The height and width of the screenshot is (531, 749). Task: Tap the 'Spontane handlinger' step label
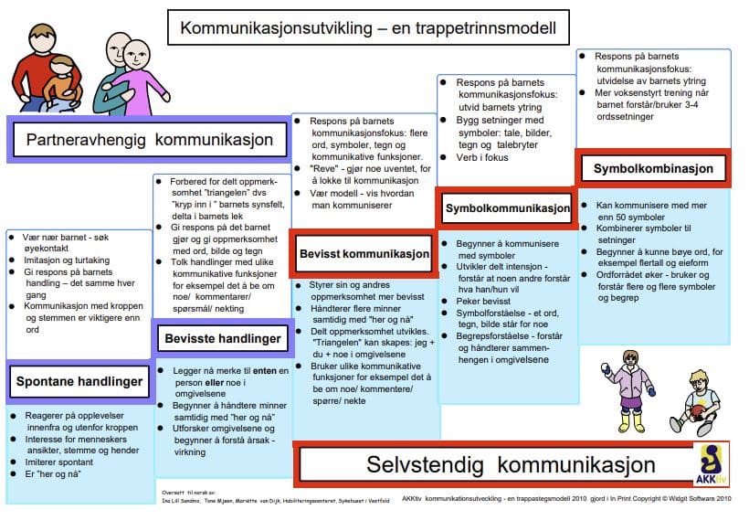[79, 381]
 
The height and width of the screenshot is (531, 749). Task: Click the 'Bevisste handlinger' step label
[223, 339]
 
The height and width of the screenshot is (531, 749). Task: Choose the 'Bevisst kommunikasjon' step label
[364, 252]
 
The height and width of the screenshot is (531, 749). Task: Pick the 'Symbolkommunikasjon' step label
[507, 209]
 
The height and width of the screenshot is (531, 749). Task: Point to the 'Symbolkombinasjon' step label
[652, 169]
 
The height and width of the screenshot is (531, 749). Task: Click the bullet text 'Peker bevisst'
[483, 300]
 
